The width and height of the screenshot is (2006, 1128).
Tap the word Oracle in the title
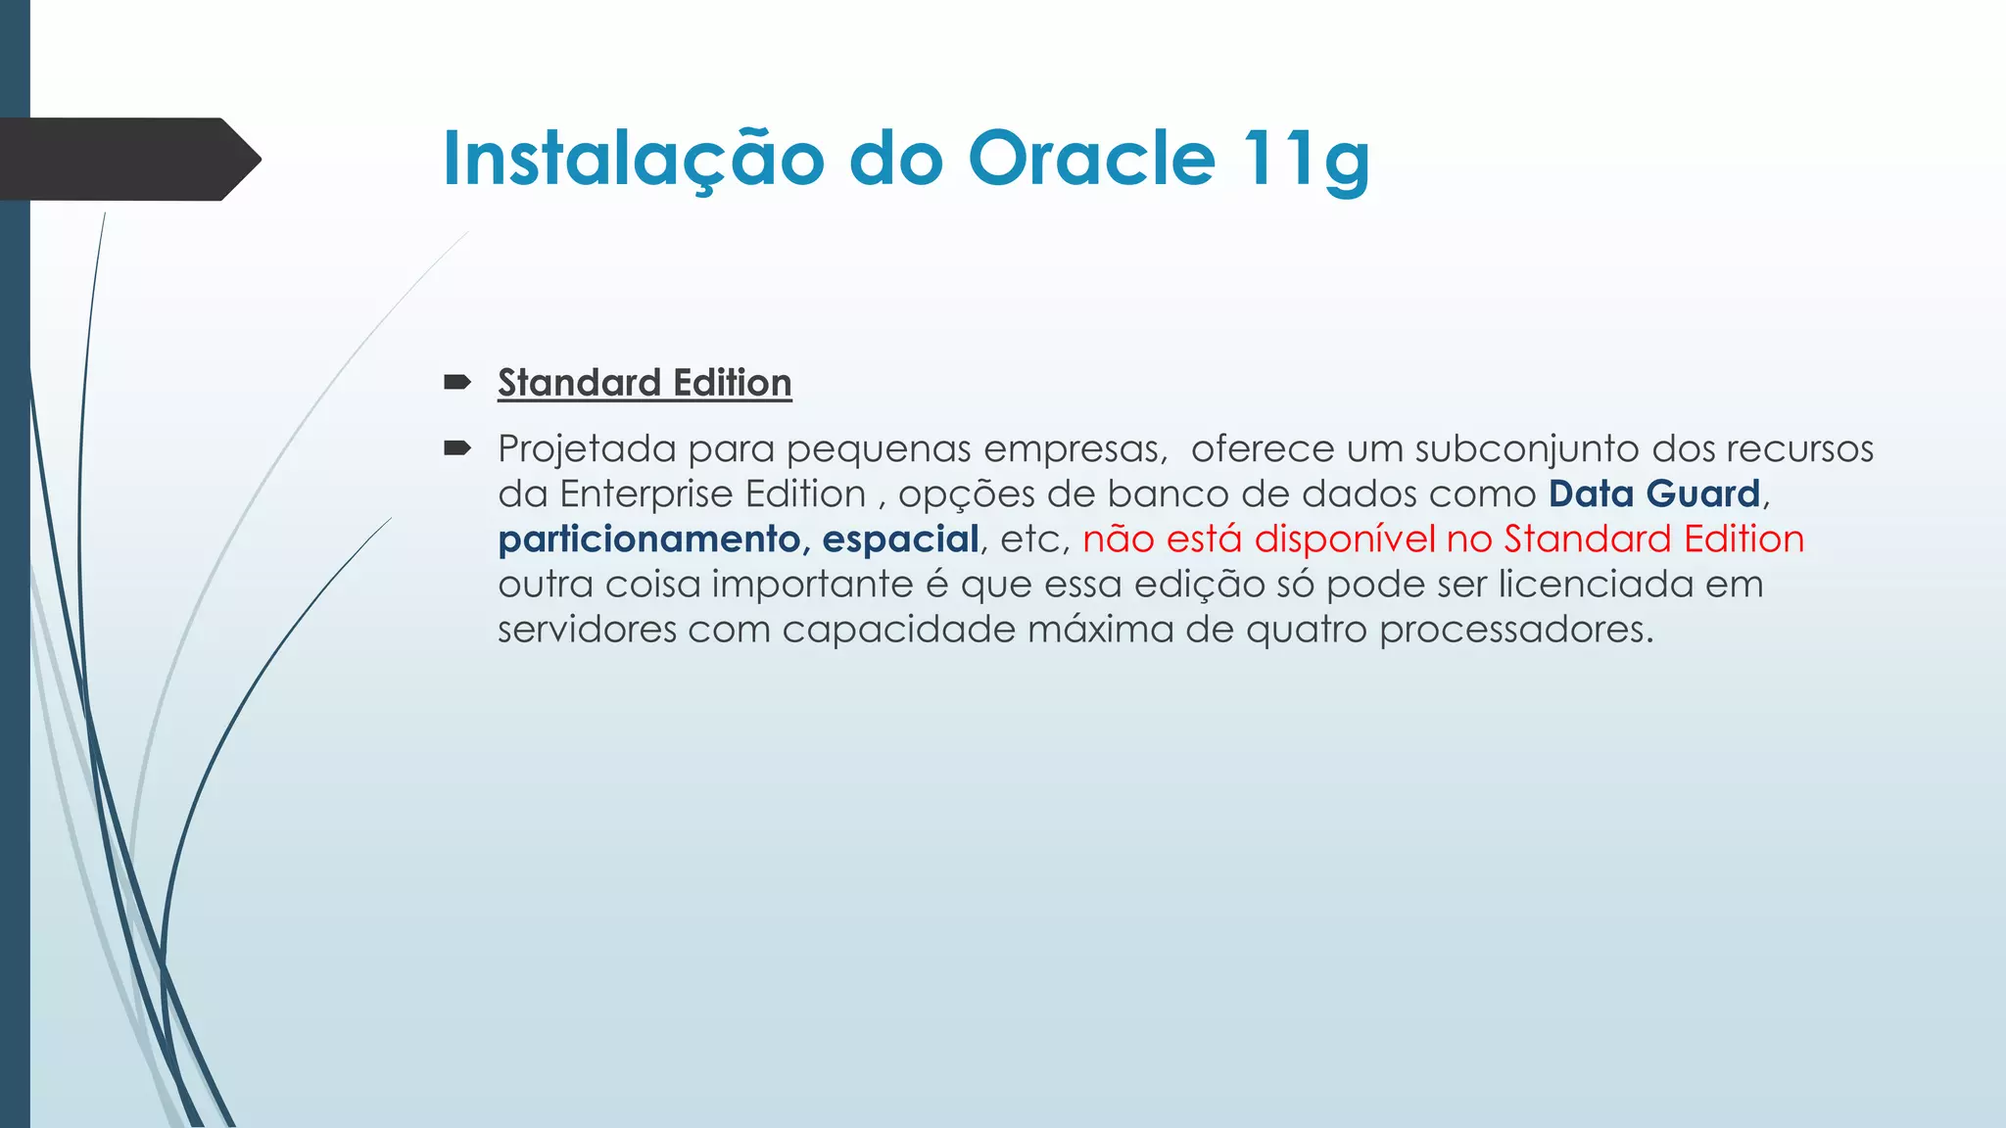[1091, 159]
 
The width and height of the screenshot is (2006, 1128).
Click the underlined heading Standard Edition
[645, 383]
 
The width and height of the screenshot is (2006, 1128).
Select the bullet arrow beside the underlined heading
[456, 382]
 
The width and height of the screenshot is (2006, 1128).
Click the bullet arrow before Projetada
[456, 448]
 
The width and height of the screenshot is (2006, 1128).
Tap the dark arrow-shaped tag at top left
[127, 159]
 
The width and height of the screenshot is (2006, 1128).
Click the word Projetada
[587, 449]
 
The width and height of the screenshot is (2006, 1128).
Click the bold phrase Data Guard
[1654, 494]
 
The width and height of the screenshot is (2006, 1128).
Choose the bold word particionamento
[648, 540]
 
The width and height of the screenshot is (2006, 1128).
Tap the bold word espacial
[900, 540]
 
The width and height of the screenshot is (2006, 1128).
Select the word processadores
[1515, 630]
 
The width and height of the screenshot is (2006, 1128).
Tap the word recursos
[1799, 449]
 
